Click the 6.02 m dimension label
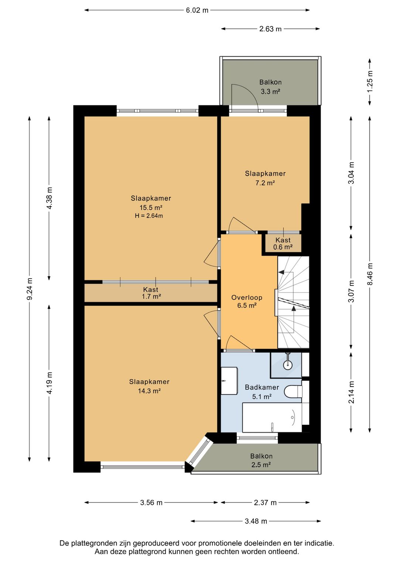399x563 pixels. pos(197,10)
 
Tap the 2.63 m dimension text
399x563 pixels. pos(270,29)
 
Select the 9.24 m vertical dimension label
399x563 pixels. pos(30,289)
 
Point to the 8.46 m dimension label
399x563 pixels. pos(369,274)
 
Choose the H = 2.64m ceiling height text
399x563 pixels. pos(149,216)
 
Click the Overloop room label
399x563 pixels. pos(247,298)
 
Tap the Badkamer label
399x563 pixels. pos(262,387)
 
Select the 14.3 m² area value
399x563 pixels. pos(149,391)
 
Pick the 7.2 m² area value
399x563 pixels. pos(265,183)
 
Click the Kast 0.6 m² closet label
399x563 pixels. pos(283,243)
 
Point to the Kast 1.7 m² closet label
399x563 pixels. pos(151,293)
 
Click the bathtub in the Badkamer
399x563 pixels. pos(272,418)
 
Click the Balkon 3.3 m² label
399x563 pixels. pos(270,87)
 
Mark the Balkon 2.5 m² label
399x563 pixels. pos(261,460)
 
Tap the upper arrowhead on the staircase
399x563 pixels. pos(281,272)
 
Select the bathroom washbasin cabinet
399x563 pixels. pos(229,381)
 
